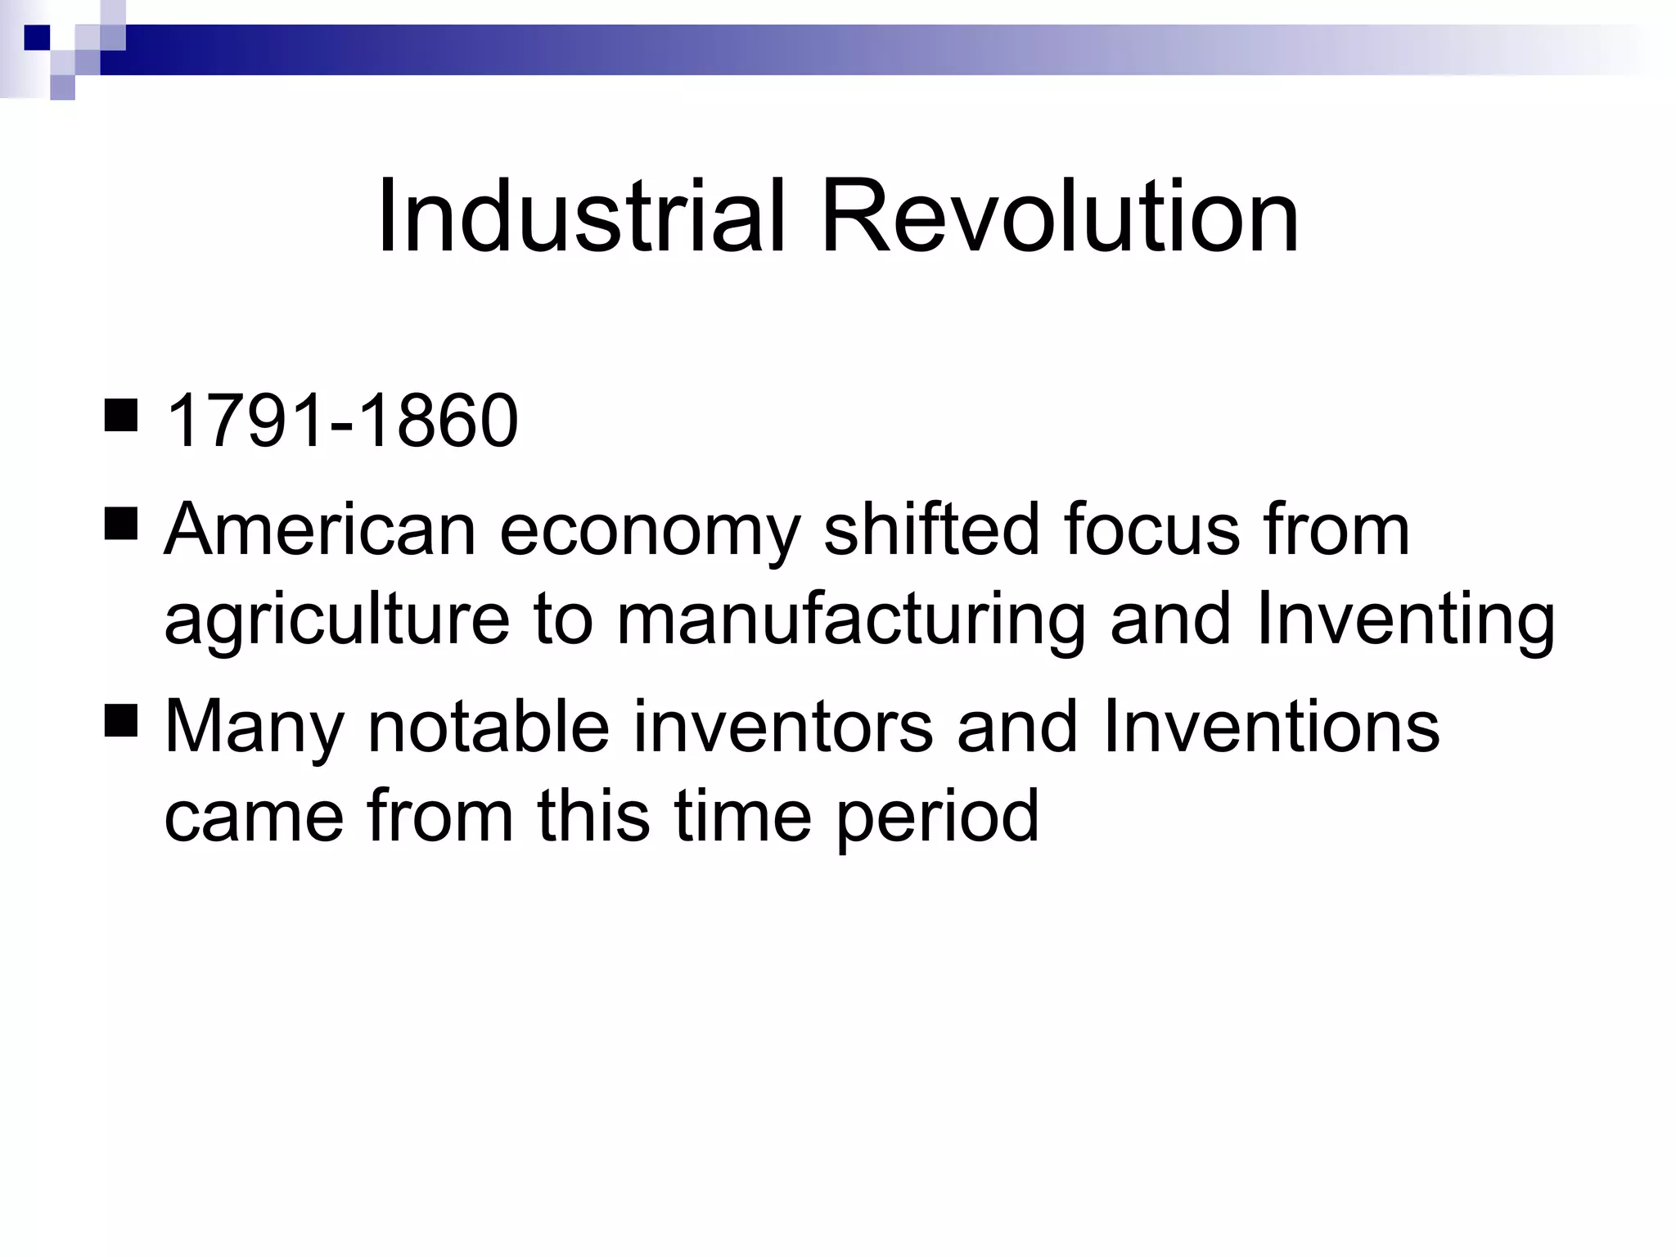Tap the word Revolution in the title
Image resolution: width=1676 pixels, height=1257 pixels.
[1060, 217]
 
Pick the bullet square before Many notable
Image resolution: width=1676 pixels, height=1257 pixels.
[121, 721]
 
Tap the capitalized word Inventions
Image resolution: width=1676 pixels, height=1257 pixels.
[1271, 726]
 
